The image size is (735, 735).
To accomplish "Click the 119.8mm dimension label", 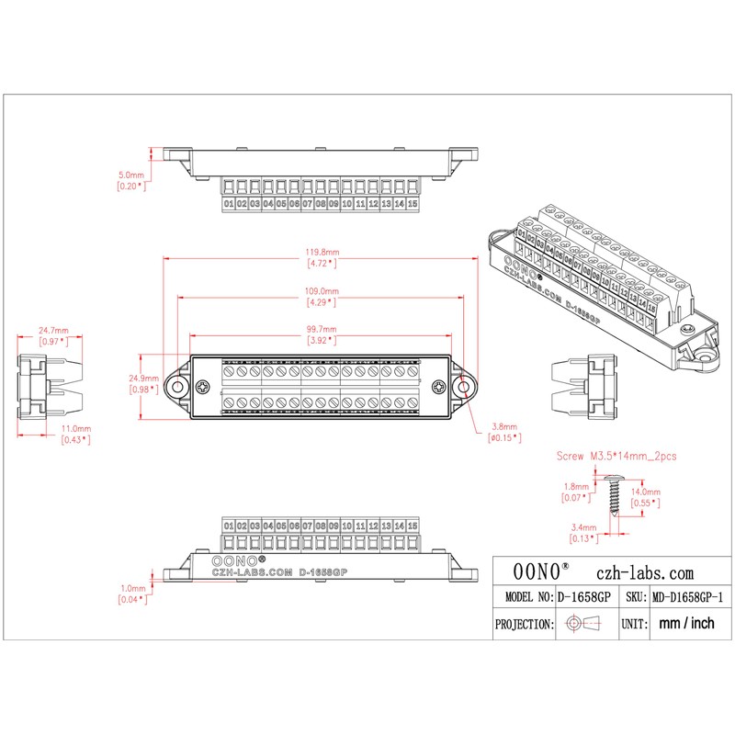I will click(321, 252).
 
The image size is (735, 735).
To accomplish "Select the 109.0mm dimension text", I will click(321, 291).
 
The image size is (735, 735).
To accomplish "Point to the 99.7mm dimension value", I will click(321, 330).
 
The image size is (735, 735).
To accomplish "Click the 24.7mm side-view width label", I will click(52, 330).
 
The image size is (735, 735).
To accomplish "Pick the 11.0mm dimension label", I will click(75, 429).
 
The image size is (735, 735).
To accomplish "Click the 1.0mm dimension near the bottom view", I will click(131, 589).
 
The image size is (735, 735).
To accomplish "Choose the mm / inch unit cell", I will click(686, 623).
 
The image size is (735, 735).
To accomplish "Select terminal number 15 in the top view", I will click(413, 203).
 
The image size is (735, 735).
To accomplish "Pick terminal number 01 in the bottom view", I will click(229, 525).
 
